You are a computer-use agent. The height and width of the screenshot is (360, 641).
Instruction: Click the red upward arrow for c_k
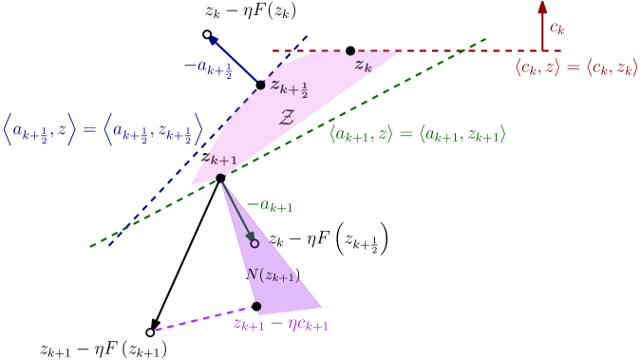tap(542, 24)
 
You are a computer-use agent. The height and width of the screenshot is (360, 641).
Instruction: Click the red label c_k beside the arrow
tap(557, 28)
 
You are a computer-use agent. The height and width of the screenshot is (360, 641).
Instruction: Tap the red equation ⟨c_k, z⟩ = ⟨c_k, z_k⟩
tap(576, 67)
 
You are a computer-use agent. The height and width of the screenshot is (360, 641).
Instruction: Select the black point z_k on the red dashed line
tap(350, 51)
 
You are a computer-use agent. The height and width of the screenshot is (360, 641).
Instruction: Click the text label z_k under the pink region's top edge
tap(363, 66)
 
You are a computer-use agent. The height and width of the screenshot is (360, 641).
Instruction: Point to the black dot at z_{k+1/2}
tap(261, 85)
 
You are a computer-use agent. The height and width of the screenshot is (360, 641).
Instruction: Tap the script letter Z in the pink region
tap(286, 118)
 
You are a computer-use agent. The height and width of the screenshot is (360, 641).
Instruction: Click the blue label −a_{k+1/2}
tap(207, 67)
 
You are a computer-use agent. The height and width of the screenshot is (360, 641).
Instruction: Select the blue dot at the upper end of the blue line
tap(214, 40)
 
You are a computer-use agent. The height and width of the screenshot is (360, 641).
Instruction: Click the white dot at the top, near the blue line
tap(207, 34)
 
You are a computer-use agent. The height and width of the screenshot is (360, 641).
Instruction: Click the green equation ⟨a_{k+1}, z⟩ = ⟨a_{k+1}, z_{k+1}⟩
tap(417, 136)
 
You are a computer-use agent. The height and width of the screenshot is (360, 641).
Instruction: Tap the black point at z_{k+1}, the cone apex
tap(220, 179)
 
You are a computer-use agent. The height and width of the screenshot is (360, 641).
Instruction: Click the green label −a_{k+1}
tap(270, 205)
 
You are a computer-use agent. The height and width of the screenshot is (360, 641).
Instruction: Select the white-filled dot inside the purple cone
tap(255, 243)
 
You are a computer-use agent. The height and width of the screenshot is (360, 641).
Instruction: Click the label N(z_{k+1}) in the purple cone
tap(273, 275)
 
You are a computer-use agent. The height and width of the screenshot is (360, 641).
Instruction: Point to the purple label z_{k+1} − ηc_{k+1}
tap(280, 324)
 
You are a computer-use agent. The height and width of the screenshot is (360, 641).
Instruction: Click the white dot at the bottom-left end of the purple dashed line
tap(150, 332)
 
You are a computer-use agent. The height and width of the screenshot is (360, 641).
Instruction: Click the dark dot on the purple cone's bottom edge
tap(256, 306)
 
